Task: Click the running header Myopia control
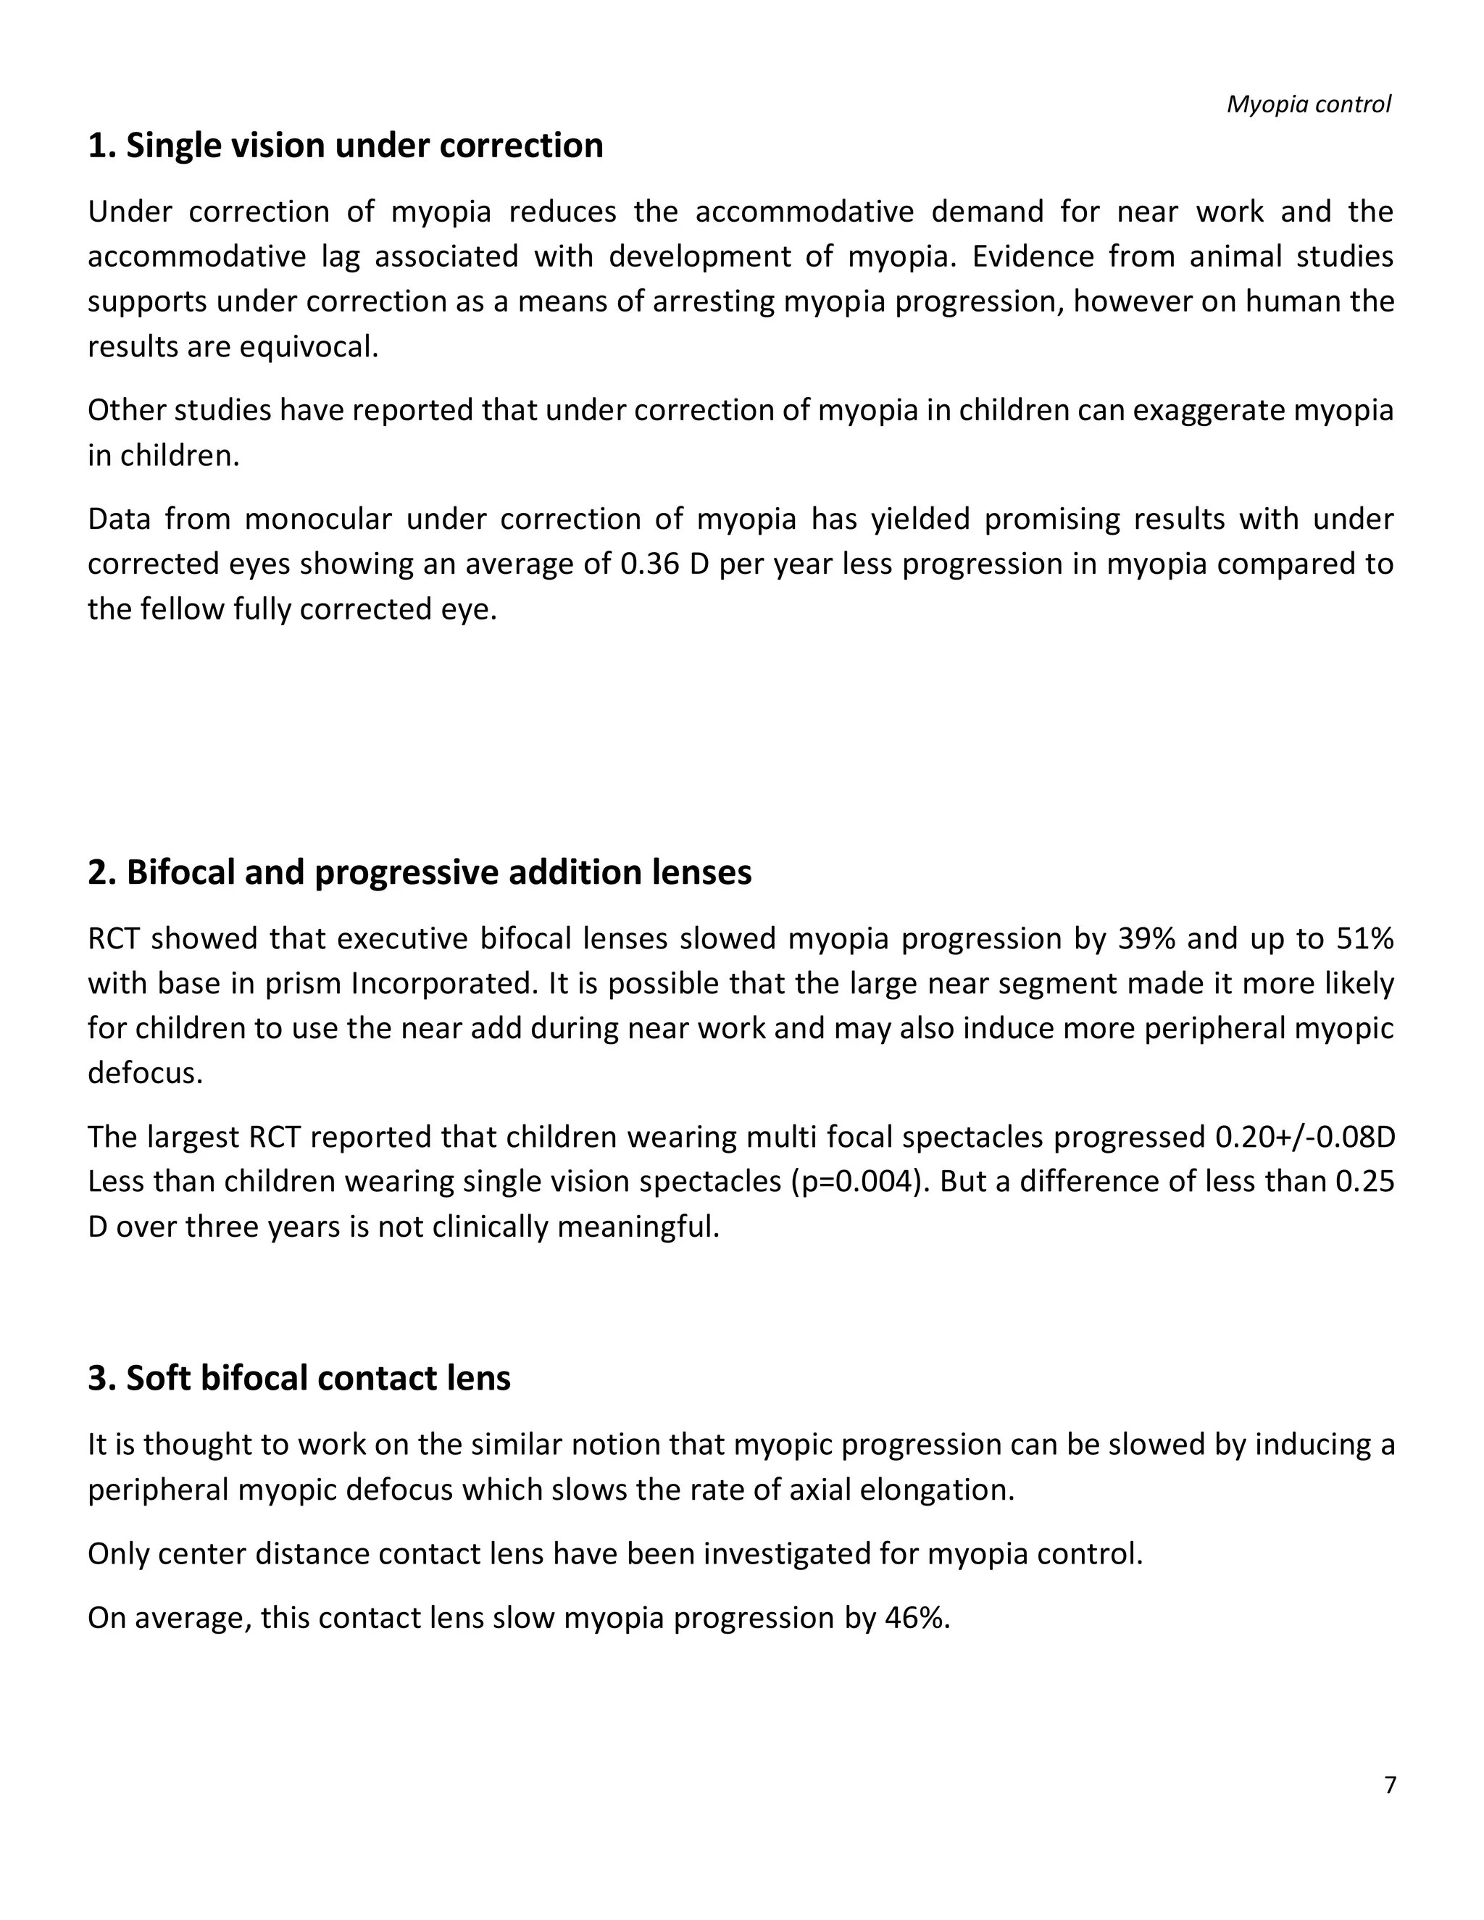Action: click(x=1308, y=104)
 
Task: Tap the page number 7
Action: click(x=1390, y=1785)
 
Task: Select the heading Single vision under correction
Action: click(x=346, y=146)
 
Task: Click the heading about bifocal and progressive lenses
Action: click(x=420, y=872)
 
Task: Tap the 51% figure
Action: click(x=1365, y=939)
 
